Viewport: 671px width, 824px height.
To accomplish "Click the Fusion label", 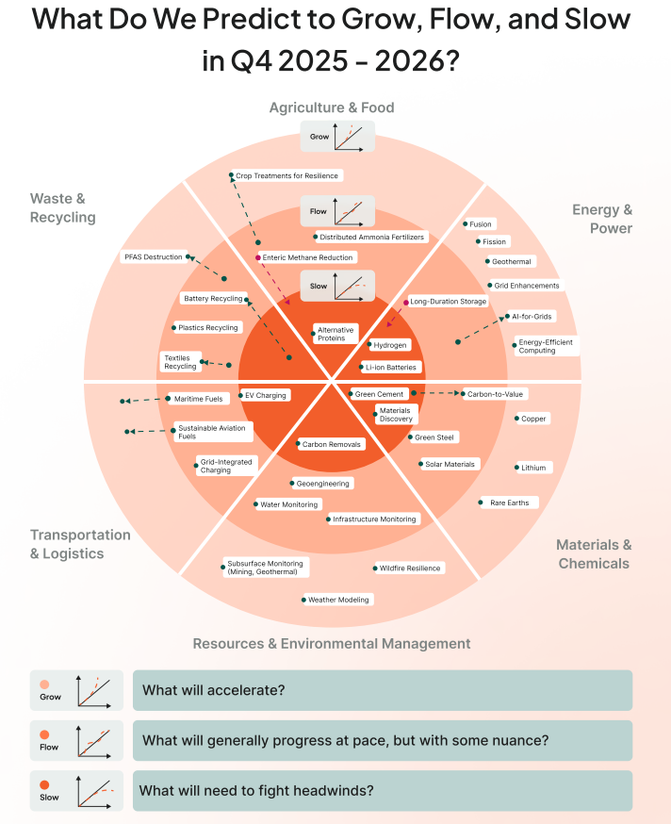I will pyautogui.click(x=481, y=224).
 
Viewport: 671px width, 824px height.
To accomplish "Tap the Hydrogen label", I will pyautogui.click(x=390, y=345).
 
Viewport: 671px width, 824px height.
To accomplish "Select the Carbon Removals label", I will pyautogui.click(x=332, y=444).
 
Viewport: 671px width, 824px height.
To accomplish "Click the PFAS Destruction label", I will pyautogui.click(x=152, y=256).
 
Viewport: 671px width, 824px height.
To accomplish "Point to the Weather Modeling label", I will pyautogui.click(x=339, y=600).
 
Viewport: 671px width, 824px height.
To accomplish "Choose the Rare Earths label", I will pyautogui.click(x=510, y=503).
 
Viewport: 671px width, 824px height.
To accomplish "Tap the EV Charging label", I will pyautogui.click(x=265, y=395).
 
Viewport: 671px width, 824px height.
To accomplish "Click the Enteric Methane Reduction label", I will pyautogui.click(x=308, y=257).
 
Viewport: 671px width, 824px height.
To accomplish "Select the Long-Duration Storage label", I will pyautogui.click(x=449, y=302).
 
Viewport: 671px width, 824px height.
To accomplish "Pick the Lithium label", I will pyautogui.click(x=533, y=468).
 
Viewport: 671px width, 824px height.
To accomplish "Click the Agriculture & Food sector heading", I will pyautogui.click(x=332, y=107).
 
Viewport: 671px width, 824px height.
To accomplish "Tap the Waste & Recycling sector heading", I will pyautogui.click(x=63, y=207).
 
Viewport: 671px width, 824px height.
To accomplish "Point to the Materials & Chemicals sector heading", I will pyautogui.click(x=594, y=554).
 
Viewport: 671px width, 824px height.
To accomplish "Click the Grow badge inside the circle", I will pyautogui.click(x=336, y=137).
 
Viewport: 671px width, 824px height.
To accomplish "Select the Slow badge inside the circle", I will pyautogui.click(x=336, y=286).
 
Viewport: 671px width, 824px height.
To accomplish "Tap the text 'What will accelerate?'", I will pyautogui.click(x=213, y=690).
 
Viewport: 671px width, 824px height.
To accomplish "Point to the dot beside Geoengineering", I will pyautogui.click(x=292, y=484).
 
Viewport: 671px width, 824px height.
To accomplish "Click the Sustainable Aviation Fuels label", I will pyautogui.click(x=212, y=432).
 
